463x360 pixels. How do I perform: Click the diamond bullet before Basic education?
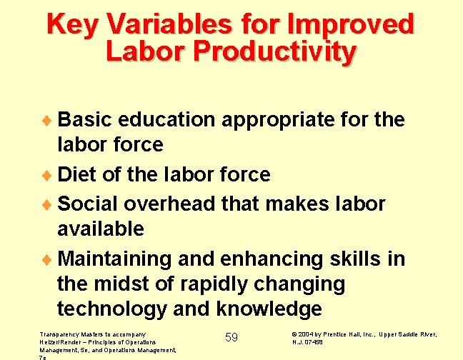(49, 119)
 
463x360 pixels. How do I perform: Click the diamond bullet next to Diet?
(49, 175)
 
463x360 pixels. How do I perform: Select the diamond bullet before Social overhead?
(49, 204)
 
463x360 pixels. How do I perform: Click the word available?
(100, 229)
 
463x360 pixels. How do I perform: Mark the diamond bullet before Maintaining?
(49, 259)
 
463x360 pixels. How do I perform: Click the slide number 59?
(231, 337)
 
